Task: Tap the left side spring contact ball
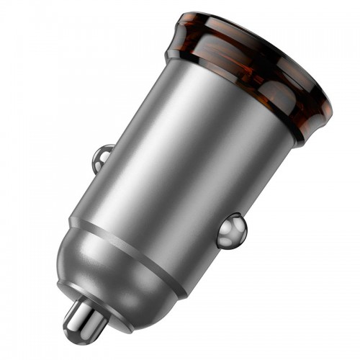pos(103,158)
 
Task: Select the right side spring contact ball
pos(232,231)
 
